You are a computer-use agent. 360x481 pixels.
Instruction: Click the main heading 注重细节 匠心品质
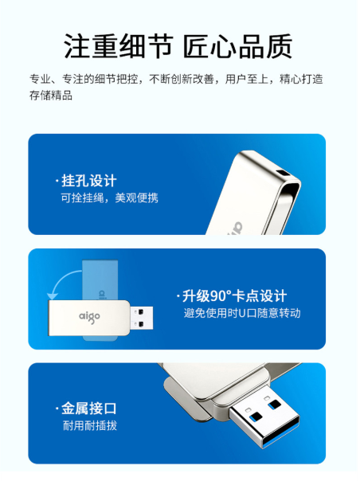pos(178,46)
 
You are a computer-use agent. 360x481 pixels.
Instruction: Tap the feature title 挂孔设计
pos(89,181)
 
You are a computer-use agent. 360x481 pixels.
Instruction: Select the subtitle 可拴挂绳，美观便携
pos(110,197)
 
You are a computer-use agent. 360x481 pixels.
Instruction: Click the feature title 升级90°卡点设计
pos(234,296)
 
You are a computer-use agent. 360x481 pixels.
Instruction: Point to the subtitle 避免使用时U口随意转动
pos(242,313)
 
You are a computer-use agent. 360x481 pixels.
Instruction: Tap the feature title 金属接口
pos(89,409)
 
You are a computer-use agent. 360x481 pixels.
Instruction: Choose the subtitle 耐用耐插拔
pos(90,425)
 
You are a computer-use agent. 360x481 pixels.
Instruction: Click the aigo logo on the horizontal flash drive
pos(89,317)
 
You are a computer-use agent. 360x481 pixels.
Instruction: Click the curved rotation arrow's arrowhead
pos(53,295)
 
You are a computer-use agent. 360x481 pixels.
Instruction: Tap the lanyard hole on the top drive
pos(283,172)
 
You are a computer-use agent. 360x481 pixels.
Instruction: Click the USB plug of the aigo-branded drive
pos(142,318)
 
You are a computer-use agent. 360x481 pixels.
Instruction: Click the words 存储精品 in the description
pos(51,95)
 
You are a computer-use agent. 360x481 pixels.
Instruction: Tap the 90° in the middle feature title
pos(221,295)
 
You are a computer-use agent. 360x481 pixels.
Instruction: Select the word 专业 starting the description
pos(40,79)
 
